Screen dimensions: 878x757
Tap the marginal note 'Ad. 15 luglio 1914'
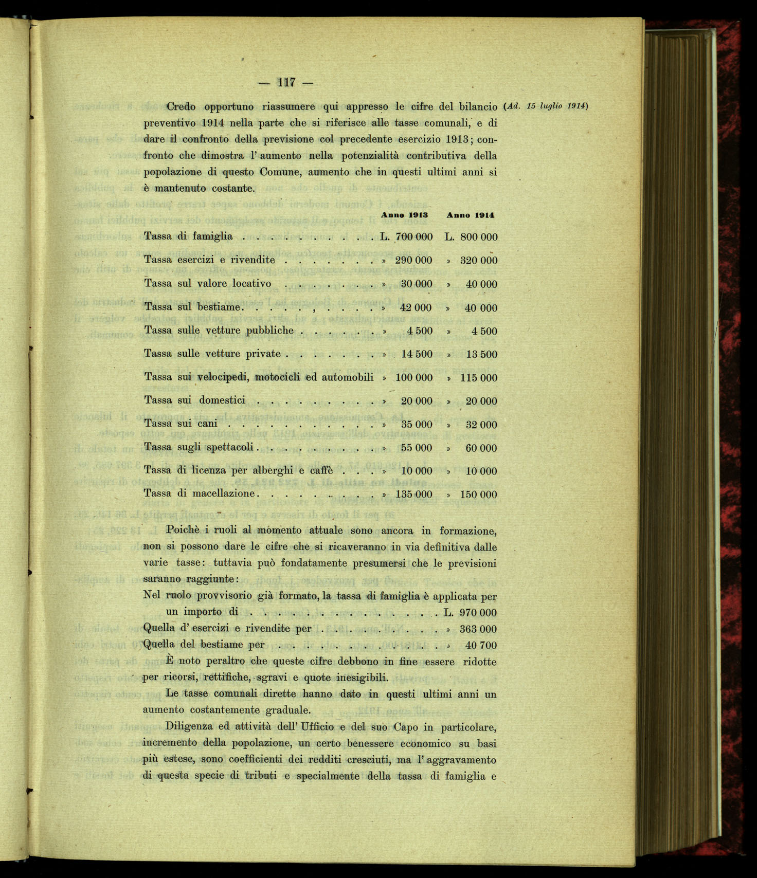[x=546, y=106]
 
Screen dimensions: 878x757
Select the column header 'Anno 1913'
[x=404, y=215]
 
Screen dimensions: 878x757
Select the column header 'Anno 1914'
[x=470, y=215]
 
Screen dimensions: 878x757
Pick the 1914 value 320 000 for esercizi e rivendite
[x=478, y=261]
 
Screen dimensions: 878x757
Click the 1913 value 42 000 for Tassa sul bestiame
[x=416, y=308]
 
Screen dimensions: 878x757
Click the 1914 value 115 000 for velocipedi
[x=478, y=378]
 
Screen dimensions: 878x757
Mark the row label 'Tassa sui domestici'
[x=194, y=400]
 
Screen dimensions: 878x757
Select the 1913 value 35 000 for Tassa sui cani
[x=416, y=425]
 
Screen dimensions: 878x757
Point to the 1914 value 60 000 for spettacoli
[x=481, y=448]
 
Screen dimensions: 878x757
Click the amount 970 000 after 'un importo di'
[x=478, y=613]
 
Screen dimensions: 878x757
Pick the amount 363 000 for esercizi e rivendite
[x=478, y=629]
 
